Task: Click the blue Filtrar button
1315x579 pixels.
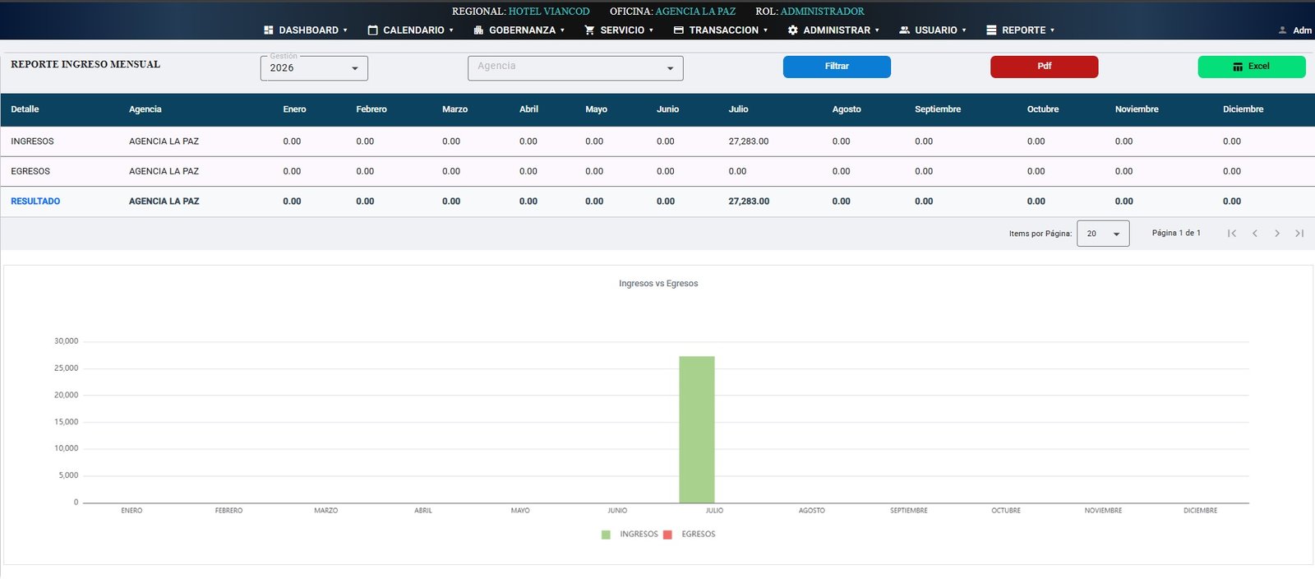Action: click(837, 67)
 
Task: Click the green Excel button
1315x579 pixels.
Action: click(1252, 67)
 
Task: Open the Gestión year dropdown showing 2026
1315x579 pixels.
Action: click(314, 68)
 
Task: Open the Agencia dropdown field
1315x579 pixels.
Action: click(575, 68)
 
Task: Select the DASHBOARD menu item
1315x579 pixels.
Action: click(306, 30)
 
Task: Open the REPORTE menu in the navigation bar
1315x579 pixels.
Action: click(1020, 30)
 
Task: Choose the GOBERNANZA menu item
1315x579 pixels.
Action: click(519, 30)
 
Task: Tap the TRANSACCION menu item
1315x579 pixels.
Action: click(720, 30)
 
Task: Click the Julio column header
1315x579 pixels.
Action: click(738, 109)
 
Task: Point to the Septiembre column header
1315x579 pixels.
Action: click(938, 109)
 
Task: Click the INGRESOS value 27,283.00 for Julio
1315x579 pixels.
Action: click(749, 141)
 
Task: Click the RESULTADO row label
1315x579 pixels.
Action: click(35, 201)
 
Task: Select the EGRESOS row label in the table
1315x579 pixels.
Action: click(30, 171)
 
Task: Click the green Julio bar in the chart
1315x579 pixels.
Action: click(697, 429)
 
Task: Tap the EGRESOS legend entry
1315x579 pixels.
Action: click(690, 535)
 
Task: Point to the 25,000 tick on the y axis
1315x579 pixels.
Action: click(66, 368)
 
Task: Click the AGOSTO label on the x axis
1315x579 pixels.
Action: click(811, 510)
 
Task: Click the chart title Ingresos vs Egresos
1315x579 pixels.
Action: click(658, 283)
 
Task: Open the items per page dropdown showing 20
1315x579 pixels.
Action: click(1103, 234)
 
